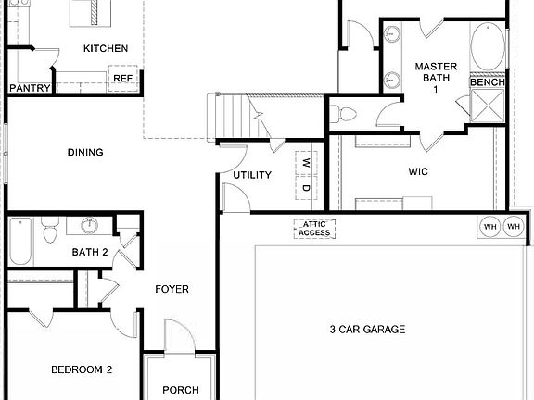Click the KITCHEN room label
(106, 48)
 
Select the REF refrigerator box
(123, 79)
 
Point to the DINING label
(85, 153)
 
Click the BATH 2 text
(91, 252)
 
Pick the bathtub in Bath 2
(21, 241)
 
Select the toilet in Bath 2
(51, 229)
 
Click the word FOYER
(172, 290)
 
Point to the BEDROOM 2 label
(82, 369)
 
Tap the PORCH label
(181, 390)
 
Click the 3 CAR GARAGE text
(366, 329)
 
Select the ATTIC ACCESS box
(314, 229)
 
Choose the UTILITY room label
(252, 174)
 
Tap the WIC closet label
(418, 171)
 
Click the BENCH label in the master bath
(488, 82)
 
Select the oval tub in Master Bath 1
(488, 46)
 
